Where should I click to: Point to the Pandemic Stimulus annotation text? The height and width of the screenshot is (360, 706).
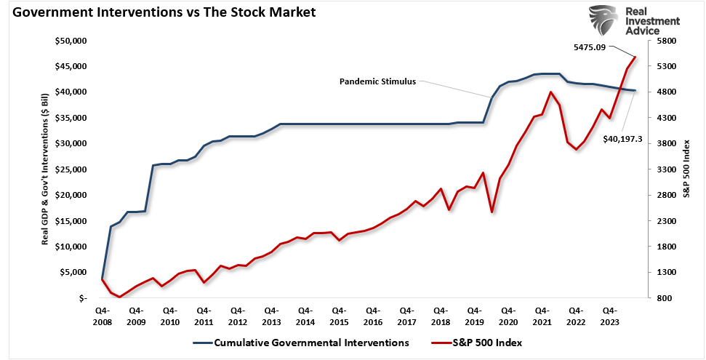pyautogui.click(x=377, y=81)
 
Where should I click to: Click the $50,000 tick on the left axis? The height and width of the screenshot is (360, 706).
pyautogui.click(x=71, y=41)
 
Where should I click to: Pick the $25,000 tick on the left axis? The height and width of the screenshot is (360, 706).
pyautogui.click(x=71, y=169)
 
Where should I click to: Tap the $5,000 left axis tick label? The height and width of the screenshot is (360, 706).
pyautogui.click(x=73, y=273)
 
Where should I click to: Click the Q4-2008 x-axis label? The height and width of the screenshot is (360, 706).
pyautogui.click(x=102, y=315)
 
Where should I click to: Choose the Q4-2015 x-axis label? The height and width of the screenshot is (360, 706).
pyautogui.click(x=339, y=315)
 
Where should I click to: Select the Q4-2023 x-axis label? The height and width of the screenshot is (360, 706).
pyautogui.click(x=609, y=315)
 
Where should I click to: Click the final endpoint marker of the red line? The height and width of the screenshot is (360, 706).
pyautogui.click(x=635, y=57)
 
